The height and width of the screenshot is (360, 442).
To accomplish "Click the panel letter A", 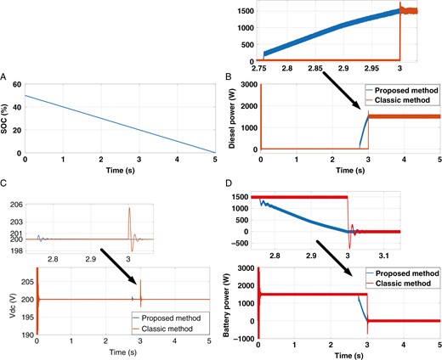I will [x=5, y=76].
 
